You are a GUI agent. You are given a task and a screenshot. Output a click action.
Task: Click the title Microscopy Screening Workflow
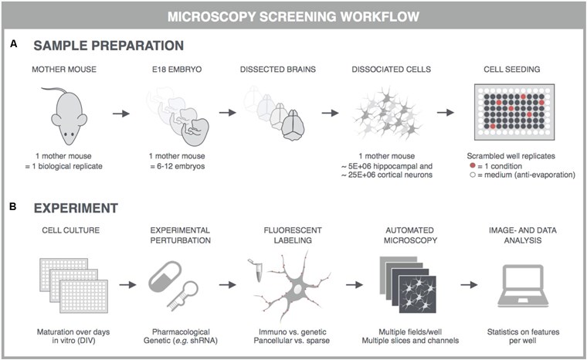293,16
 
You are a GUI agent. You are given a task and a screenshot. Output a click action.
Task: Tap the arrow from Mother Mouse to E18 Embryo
120,114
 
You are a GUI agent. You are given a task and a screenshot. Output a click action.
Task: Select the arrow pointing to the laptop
467,285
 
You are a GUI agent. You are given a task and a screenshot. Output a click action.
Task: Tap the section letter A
14,46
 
